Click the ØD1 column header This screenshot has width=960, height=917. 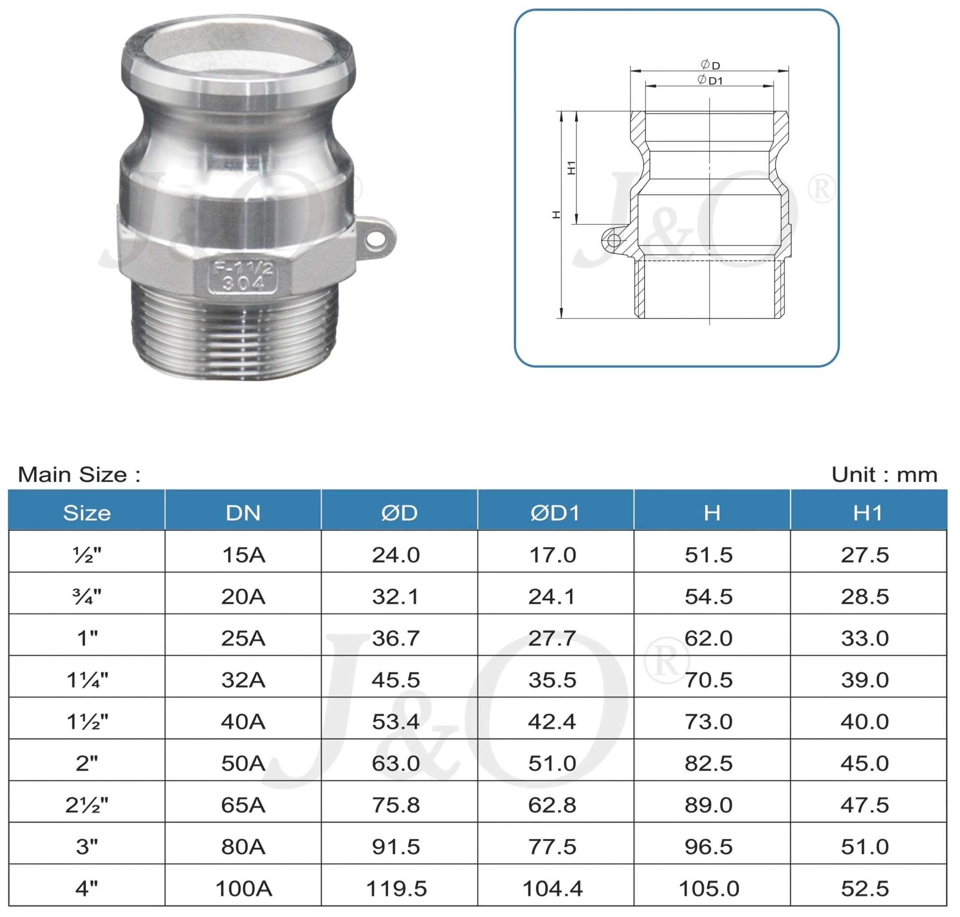pos(555,513)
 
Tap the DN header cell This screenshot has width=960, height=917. pos(243,513)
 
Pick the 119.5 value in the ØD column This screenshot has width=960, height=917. pos(396,888)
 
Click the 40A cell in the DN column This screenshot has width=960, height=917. pos(243,722)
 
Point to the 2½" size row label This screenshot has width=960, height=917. pos(87,804)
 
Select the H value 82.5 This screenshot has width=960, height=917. pos(709,763)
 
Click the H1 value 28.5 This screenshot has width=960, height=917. pos(865,596)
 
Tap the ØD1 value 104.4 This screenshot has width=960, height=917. pos(552,888)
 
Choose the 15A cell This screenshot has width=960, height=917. pos(243,555)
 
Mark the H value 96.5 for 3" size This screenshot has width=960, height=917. pos(709,846)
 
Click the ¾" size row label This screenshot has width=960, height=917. pos(87,596)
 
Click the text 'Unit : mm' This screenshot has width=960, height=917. pos(884,474)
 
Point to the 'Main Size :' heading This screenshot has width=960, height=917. pos(79,474)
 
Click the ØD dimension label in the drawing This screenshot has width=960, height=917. pos(710,65)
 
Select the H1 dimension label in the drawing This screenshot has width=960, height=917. pos(571,167)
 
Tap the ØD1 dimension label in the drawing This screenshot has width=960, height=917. pos(710,80)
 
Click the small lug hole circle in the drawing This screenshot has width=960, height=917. pos(614,241)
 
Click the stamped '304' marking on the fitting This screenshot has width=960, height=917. pos(243,283)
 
